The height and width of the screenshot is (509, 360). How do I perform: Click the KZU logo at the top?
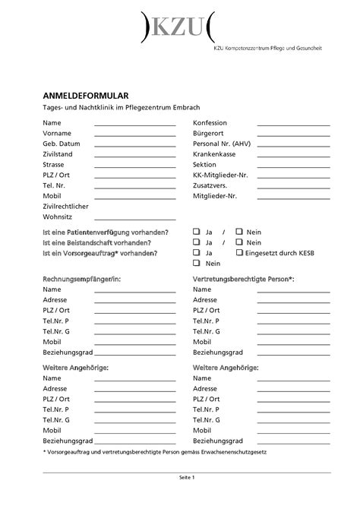coord(178,28)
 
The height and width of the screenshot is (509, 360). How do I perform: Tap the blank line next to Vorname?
coord(134,134)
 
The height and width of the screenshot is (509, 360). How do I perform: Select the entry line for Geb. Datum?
coord(134,145)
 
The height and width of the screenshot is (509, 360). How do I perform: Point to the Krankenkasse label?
coord(216,153)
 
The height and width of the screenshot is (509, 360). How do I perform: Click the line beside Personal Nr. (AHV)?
coord(293,145)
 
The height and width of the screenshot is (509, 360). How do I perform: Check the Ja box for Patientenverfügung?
coord(197,231)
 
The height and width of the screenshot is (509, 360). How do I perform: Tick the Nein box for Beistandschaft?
coord(238,242)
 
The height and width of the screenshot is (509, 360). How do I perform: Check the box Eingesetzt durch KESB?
coord(238,252)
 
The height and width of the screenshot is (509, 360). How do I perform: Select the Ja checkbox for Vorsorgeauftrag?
coord(197,252)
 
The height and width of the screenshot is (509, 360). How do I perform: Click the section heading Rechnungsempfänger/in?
coord(81,280)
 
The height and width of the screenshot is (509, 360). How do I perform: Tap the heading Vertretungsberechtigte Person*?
coord(243,280)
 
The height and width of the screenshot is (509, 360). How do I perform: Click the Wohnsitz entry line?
coord(134,218)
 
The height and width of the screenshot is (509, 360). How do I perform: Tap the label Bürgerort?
coord(209,133)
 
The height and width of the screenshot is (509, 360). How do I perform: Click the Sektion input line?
coord(293,166)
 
